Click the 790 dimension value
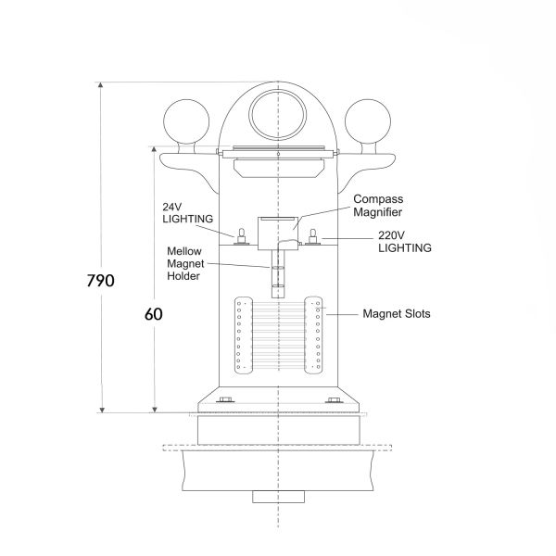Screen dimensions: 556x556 tap(101, 281)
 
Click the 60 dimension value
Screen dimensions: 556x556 tap(154, 314)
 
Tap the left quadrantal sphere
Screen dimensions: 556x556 tap(186, 121)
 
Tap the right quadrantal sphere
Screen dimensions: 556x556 tap(368, 121)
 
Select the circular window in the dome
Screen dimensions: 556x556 tap(278, 115)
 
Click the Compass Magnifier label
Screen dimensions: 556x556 tap(378, 206)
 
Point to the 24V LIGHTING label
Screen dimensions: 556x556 tap(187, 213)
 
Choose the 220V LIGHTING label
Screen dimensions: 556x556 tap(405, 242)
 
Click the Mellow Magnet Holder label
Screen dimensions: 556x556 tap(185, 263)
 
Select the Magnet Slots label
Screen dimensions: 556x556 tap(397, 314)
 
